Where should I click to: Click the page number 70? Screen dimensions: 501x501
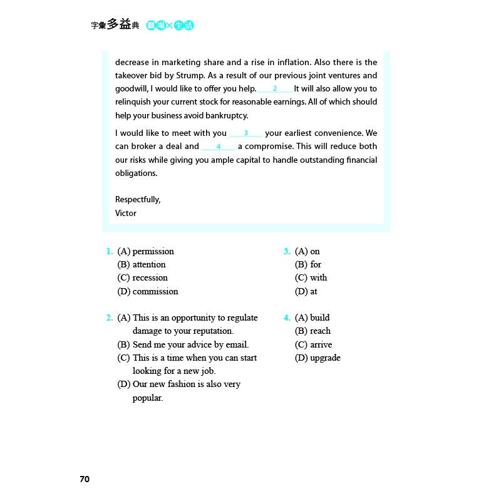point(85,479)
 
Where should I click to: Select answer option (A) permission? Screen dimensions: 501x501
point(145,251)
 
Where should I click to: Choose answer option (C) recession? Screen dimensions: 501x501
point(142,277)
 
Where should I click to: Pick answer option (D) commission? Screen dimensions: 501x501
point(147,291)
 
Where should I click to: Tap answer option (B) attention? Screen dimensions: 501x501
point(142,264)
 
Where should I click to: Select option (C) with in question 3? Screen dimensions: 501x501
point(311,277)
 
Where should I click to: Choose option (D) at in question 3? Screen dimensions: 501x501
point(306,291)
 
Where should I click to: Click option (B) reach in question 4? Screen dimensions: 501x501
point(312,331)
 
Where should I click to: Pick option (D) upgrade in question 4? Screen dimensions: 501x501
point(318,358)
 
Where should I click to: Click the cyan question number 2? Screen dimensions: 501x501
point(110,318)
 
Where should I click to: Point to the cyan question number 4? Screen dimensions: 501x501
point(287,318)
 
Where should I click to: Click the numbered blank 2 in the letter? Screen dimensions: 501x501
point(275,89)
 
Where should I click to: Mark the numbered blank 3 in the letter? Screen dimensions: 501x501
point(245,133)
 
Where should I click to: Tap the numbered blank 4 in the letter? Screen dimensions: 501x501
point(218,147)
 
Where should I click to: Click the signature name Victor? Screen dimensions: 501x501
point(126,213)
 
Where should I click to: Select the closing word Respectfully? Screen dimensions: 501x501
point(138,199)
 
